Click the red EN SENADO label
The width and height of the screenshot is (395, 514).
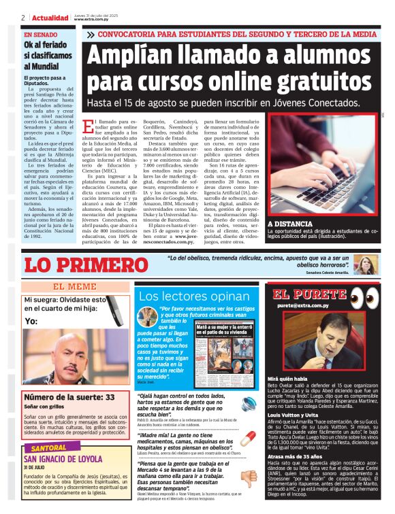click(x=41, y=34)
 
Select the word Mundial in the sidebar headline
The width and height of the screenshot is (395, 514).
click(x=40, y=66)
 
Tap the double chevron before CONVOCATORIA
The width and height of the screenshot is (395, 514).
click(x=90, y=34)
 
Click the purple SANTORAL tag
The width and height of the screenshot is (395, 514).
click(x=49, y=448)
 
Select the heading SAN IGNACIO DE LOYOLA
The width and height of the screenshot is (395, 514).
click(x=66, y=458)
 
